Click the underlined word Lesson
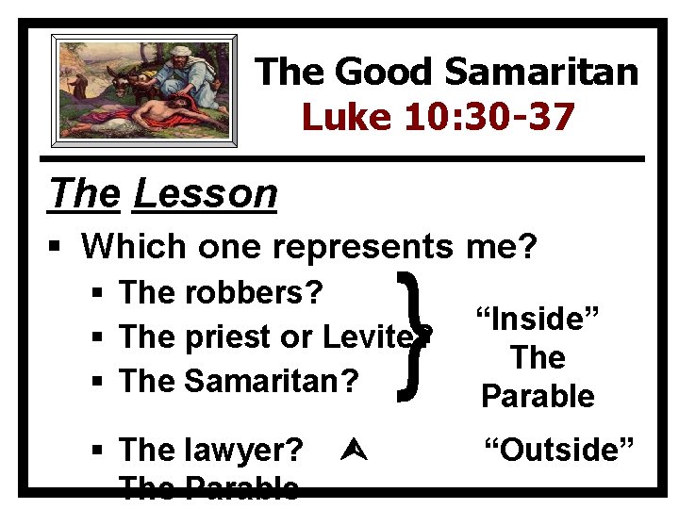(206, 193)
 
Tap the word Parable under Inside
(538, 397)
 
